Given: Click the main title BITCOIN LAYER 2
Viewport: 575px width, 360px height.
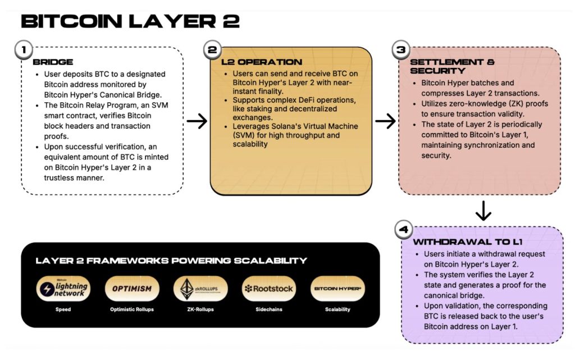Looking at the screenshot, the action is tap(130, 21).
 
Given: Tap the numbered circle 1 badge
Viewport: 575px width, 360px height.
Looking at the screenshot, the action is tap(24, 49).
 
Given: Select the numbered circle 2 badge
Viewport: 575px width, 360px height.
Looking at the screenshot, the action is tap(212, 49).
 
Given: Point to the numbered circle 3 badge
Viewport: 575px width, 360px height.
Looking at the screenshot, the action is tap(401, 49).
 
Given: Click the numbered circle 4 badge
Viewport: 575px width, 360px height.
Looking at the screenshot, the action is tap(403, 230).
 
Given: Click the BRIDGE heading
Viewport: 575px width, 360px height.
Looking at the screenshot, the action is tap(53, 62).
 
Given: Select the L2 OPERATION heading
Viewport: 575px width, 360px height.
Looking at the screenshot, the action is tap(262, 62).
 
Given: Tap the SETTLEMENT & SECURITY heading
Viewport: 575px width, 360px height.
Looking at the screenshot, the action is tap(452, 66).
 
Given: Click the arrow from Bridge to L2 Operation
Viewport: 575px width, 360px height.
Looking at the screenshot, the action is tap(197, 121).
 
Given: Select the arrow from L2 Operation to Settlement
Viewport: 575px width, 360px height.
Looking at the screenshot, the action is tap(385, 121).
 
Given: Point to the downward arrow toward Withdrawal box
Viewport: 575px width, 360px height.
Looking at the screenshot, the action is tap(483, 211).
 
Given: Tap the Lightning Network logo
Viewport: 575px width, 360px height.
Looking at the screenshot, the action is tap(63, 289).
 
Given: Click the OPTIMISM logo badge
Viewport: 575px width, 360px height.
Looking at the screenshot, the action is tap(132, 289).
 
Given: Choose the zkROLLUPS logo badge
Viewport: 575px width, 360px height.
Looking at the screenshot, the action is tap(200, 289).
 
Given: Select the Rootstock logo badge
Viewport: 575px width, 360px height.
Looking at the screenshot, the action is tap(269, 289).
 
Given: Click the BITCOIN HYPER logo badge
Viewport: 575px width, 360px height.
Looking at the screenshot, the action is tap(337, 289).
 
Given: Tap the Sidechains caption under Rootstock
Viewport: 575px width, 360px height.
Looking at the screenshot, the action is tap(269, 309).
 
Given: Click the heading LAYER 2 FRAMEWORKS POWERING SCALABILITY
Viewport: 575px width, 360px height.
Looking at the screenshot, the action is tap(171, 261).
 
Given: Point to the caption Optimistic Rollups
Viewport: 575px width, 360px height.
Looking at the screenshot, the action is tap(132, 309).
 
